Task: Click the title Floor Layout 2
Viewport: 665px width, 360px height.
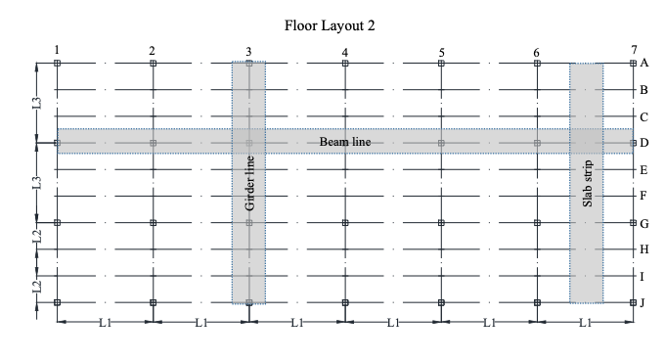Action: (x=332, y=22)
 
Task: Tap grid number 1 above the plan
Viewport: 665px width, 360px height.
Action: (x=58, y=50)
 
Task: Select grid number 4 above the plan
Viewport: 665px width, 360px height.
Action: (x=345, y=51)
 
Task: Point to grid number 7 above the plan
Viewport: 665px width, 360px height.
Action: (x=634, y=49)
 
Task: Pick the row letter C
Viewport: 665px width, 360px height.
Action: (x=643, y=116)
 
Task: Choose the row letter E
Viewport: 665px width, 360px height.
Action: (x=643, y=170)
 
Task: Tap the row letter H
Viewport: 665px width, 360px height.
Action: (x=643, y=249)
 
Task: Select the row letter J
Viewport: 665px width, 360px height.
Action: (x=643, y=303)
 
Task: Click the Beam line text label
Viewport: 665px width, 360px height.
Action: (x=345, y=142)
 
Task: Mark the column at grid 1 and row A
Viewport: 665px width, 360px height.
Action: (x=58, y=63)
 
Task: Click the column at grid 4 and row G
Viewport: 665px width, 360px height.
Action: (x=345, y=223)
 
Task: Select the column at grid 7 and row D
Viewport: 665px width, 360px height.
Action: (x=634, y=143)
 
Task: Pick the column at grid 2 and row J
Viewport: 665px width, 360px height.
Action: (x=154, y=302)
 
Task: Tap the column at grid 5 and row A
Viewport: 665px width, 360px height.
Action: (x=441, y=63)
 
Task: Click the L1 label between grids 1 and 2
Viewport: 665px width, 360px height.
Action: (x=106, y=321)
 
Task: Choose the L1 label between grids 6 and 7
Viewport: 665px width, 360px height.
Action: (x=586, y=321)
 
